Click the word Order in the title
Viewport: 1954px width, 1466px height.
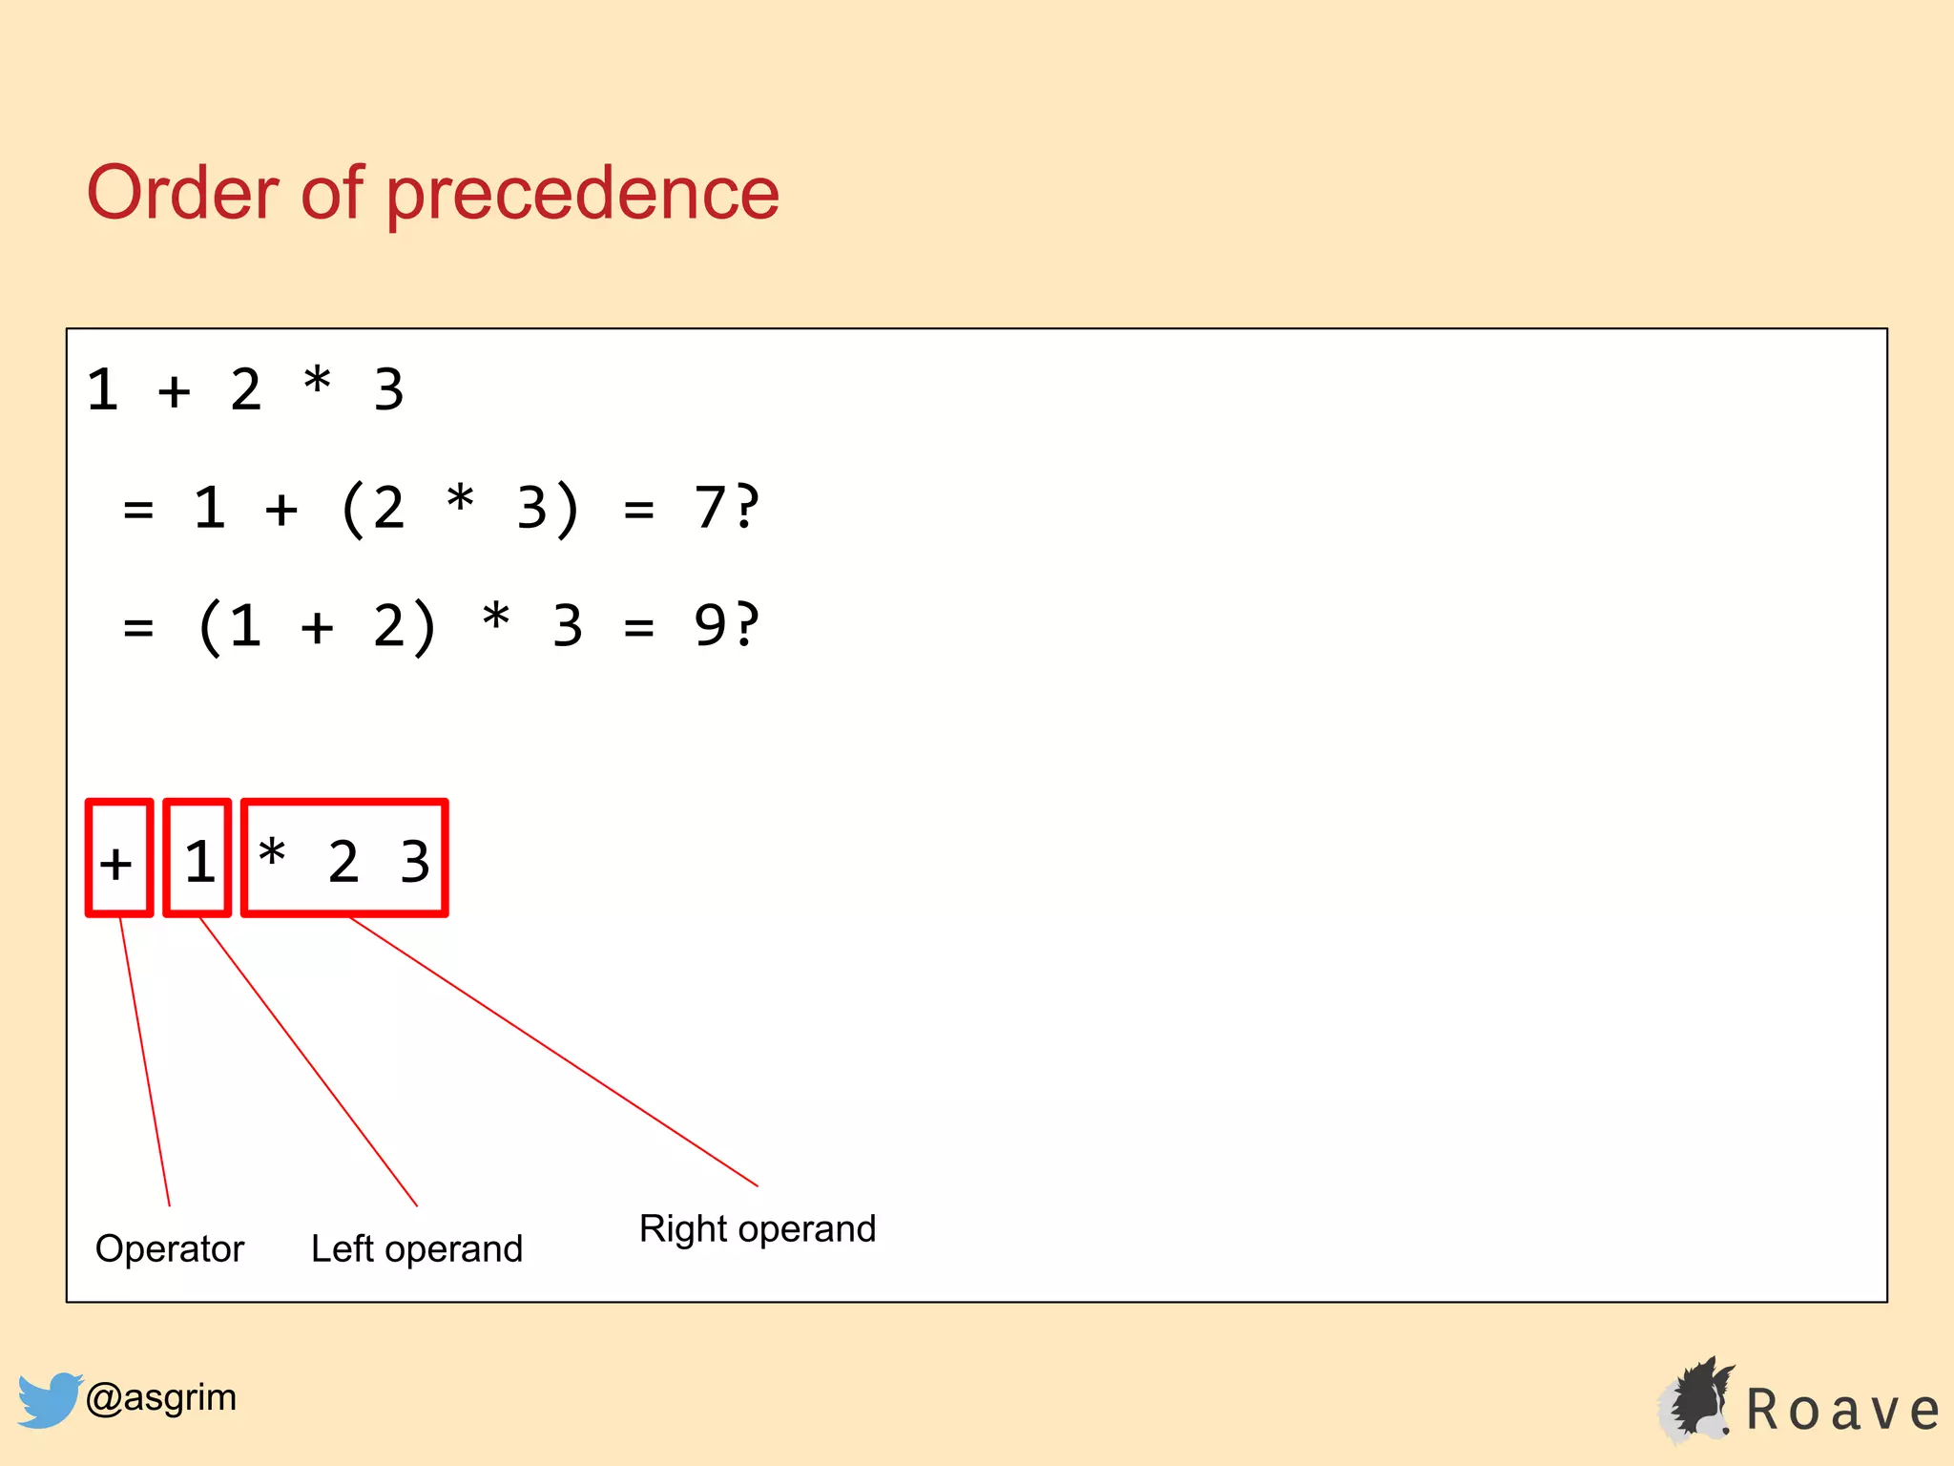183,193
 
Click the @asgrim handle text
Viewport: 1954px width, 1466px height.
161,1397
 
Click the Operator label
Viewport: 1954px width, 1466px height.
170,1248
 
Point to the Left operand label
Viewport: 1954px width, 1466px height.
417,1248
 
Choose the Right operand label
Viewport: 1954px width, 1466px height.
758,1228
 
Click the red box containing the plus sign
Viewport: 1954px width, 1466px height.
118,858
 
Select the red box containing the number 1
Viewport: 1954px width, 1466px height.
197,858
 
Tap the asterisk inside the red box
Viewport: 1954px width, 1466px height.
272,852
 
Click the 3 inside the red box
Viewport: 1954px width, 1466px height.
415,861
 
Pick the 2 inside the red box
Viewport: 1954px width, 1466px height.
343,861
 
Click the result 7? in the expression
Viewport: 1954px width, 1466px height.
726,507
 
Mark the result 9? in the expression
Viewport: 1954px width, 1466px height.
726,625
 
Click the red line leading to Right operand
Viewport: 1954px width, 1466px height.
553,1051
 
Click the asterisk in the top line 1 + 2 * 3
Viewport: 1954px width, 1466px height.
317,382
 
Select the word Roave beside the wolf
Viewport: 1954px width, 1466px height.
1842,1410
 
